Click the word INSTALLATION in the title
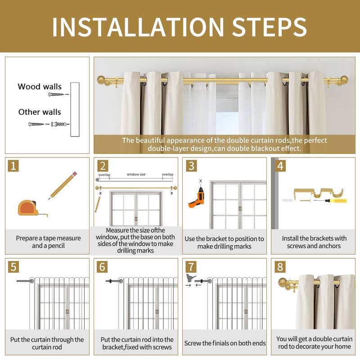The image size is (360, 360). tap(138, 27)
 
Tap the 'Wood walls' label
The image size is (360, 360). tap(40, 86)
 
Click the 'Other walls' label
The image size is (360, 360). tap(40, 112)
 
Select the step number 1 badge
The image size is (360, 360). tap(13, 166)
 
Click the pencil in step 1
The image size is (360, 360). tap(63, 185)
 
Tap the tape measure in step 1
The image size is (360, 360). tap(32, 208)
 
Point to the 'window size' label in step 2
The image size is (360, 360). tap(136, 174)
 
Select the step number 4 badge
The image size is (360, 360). tap(280, 166)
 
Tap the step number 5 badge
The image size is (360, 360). tap(13, 267)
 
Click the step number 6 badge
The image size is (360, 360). tap(102, 267)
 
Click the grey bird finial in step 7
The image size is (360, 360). tap(191, 278)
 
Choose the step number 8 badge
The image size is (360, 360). tap(280, 267)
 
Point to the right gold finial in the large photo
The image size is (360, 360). tap(343, 81)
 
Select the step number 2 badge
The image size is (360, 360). tap(103, 166)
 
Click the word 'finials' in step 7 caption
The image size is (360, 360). tap(222, 343)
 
